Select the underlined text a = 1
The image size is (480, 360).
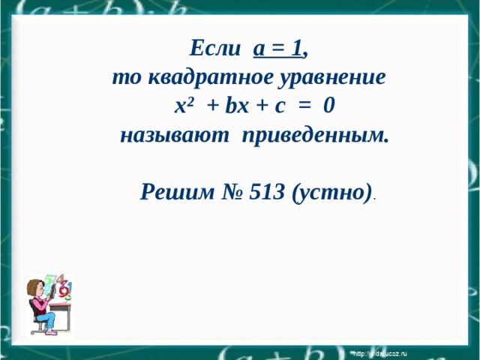(278, 48)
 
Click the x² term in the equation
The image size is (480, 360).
(184, 106)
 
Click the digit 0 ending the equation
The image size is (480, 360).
(329, 106)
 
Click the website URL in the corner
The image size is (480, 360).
(379, 352)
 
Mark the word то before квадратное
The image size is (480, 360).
(124, 77)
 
